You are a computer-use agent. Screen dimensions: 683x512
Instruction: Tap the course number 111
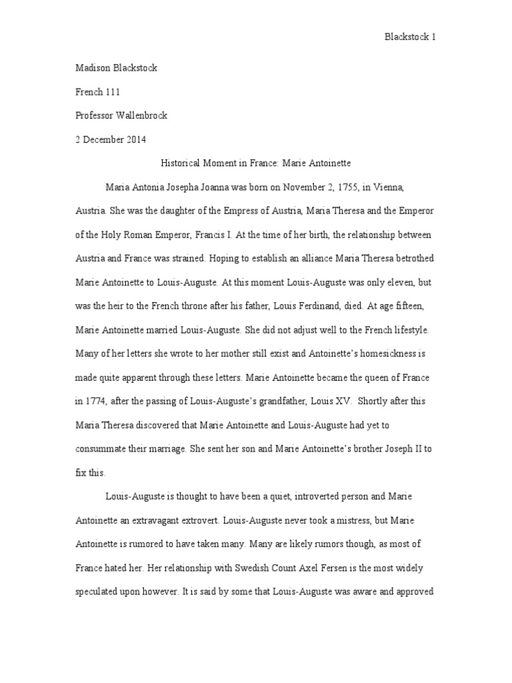[111, 93]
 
